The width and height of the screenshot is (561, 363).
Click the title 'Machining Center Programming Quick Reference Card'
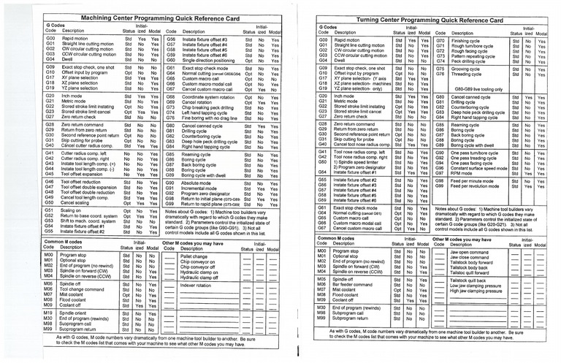point(140,17)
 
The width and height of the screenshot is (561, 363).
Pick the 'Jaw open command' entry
point(474,252)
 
